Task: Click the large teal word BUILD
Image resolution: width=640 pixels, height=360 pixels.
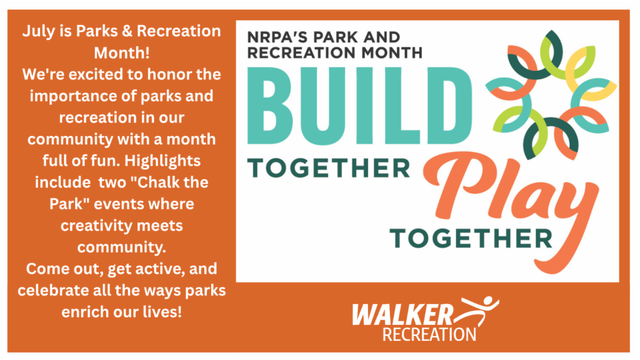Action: click(359, 106)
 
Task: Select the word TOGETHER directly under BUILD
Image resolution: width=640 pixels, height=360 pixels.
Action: click(329, 168)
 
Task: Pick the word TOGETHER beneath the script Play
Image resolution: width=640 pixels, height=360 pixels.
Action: click(471, 238)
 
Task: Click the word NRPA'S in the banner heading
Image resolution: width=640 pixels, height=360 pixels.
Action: click(278, 37)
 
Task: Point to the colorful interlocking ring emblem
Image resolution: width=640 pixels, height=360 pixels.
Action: click(551, 95)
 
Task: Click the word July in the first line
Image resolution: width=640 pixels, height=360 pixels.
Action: click(38, 31)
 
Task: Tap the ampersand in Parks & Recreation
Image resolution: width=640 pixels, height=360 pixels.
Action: click(127, 31)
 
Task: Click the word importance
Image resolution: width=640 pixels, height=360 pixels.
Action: click(73, 97)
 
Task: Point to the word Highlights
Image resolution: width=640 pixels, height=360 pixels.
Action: click(162, 161)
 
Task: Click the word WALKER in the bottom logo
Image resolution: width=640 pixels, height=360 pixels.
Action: click(403, 315)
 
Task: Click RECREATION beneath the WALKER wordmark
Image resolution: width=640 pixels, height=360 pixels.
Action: click(429, 335)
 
